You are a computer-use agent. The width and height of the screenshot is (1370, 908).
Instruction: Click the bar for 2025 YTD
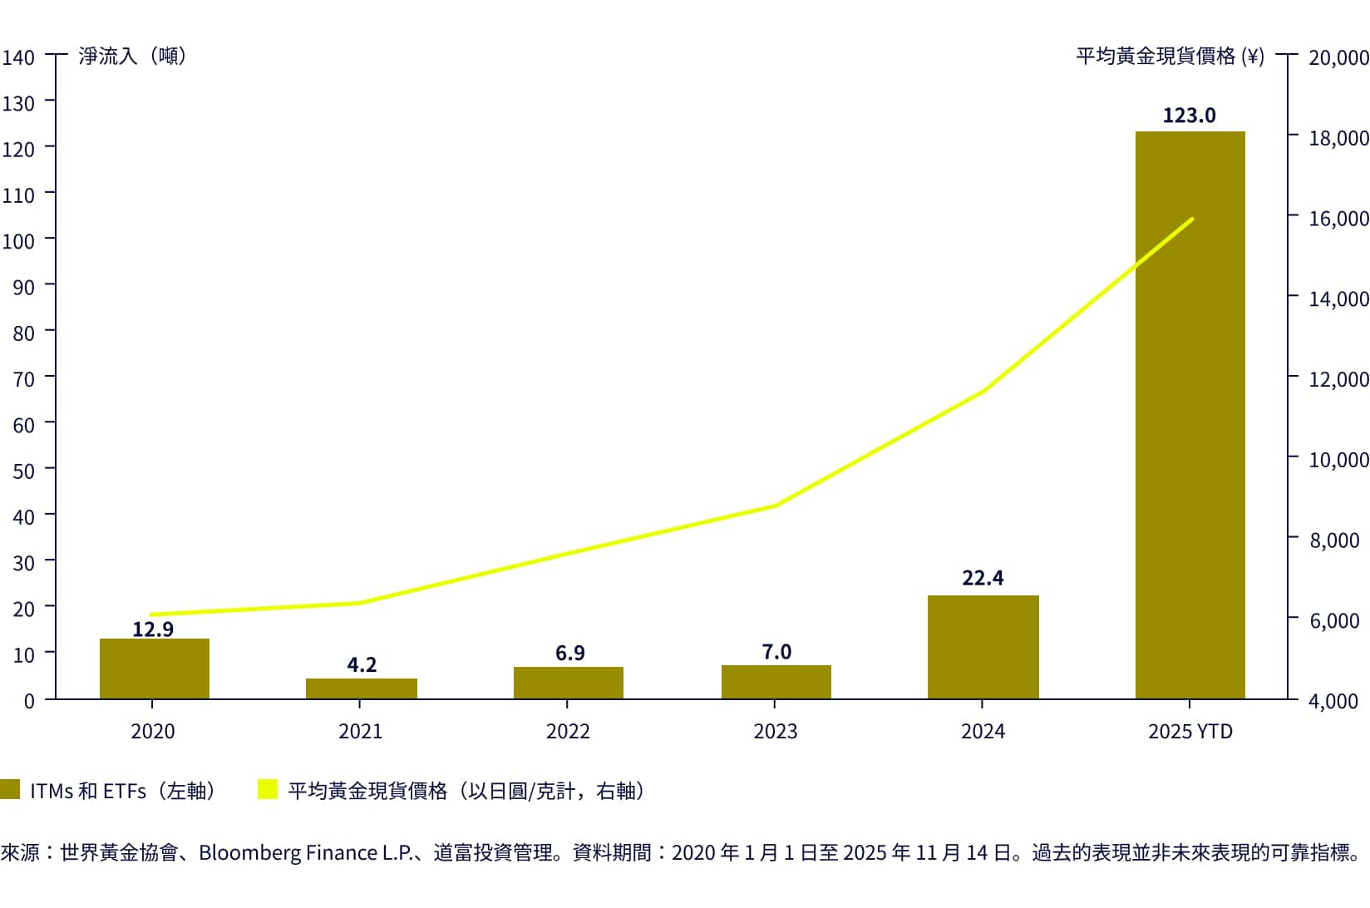pyautogui.click(x=1190, y=416)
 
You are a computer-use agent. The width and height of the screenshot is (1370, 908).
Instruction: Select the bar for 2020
pyautogui.click(x=154, y=669)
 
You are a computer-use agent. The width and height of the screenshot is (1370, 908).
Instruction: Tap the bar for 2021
pyautogui.click(x=361, y=689)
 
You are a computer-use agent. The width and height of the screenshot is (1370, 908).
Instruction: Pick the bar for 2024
pyautogui.click(x=983, y=648)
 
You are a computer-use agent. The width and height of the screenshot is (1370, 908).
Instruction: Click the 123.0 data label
pyautogui.click(x=1189, y=116)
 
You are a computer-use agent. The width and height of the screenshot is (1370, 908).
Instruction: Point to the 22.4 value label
pyautogui.click(x=983, y=578)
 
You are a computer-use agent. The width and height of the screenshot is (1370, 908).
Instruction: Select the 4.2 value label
pyautogui.click(x=362, y=665)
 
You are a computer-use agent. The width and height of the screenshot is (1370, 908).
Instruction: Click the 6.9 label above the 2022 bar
pyautogui.click(x=569, y=654)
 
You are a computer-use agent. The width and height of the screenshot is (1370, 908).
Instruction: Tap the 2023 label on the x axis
pyautogui.click(x=775, y=732)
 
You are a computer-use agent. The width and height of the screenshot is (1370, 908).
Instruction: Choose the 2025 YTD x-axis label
pyautogui.click(x=1190, y=732)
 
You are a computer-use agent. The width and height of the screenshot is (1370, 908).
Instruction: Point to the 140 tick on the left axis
pyautogui.click(x=18, y=57)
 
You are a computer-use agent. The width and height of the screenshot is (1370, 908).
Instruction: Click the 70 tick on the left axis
pyautogui.click(x=23, y=379)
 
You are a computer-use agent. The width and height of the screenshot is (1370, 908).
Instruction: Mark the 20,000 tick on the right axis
pyautogui.click(x=1338, y=57)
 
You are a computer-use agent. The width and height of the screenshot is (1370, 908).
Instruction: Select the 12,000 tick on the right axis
pyautogui.click(x=1338, y=379)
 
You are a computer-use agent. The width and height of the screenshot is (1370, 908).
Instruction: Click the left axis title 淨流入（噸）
pyautogui.click(x=133, y=56)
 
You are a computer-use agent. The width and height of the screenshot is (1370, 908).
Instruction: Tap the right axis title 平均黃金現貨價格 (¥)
pyautogui.click(x=1170, y=56)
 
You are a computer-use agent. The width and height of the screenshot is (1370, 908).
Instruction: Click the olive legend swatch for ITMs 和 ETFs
pyautogui.click(x=10, y=789)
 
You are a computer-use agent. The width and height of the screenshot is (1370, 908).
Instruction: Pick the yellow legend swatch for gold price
pyautogui.click(x=268, y=789)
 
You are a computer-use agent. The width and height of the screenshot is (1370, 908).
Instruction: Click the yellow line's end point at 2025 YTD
pyautogui.click(x=1192, y=220)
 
